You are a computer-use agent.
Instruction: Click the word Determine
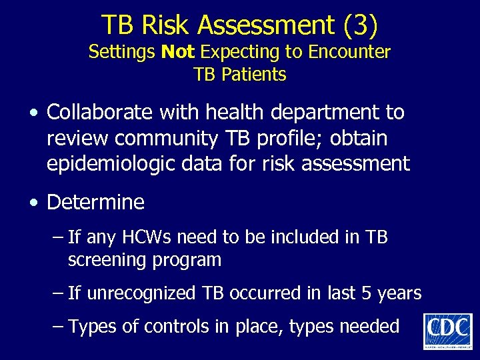(x=95, y=202)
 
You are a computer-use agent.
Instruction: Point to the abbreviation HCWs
(x=156, y=237)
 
